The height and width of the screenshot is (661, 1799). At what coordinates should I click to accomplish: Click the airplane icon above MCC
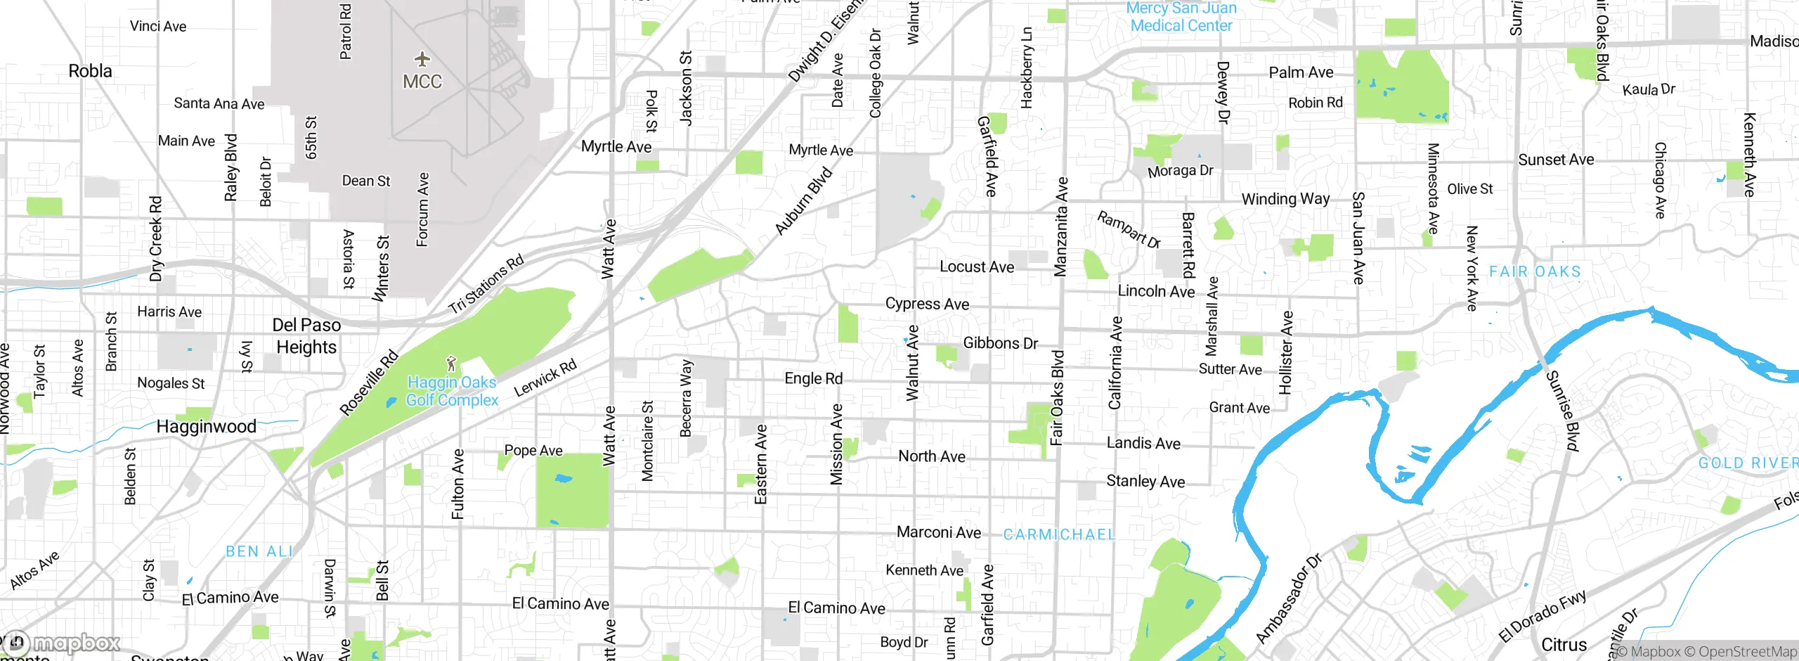point(422,58)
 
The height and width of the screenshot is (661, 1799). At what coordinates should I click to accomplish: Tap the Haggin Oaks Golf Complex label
point(452,392)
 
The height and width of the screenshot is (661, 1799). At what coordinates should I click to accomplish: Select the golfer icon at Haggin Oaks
point(451,364)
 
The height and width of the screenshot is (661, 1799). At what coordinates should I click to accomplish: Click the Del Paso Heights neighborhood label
point(306,336)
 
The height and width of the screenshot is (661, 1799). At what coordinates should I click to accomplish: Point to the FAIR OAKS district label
point(1535,272)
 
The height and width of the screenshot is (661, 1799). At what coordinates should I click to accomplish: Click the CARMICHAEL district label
point(1059,535)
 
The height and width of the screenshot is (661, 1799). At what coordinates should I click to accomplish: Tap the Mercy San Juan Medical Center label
point(1181,17)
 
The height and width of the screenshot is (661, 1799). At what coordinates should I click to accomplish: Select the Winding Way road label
point(1285,199)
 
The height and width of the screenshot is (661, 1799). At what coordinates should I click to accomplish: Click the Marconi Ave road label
point(938,532)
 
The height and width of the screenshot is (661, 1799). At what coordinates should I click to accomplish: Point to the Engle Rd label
point(813,379)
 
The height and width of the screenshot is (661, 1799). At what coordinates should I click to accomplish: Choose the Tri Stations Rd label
point(486,285)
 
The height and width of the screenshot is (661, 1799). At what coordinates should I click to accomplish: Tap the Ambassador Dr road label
point(1289,598)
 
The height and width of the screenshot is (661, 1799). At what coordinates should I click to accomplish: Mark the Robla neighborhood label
point(90,71)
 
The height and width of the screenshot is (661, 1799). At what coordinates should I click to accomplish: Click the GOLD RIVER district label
point(1747,463)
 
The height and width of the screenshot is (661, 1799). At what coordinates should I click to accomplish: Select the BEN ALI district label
point(259,552)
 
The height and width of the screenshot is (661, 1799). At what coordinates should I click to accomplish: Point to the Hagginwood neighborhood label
point(206,427)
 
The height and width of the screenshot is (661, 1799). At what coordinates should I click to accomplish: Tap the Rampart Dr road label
point(1129,230)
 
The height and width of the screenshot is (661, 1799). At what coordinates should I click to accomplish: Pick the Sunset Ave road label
point(1556,160)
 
